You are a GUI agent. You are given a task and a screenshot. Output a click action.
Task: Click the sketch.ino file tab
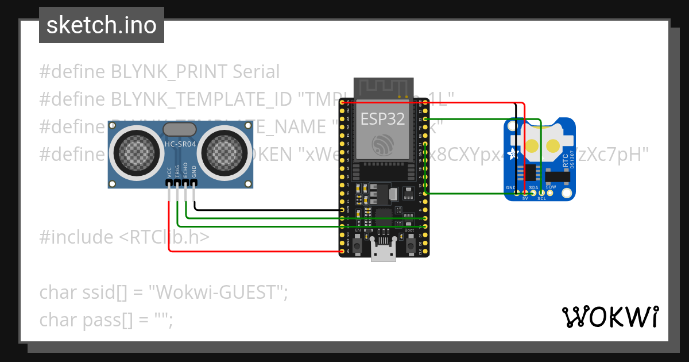(101, 25)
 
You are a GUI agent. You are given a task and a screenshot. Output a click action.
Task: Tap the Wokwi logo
(610, 317)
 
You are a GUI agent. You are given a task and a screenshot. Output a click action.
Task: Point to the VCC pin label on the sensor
(169, 172)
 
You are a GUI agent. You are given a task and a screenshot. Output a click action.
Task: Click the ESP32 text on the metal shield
(382, 119)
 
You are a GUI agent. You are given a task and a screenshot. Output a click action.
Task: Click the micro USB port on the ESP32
(383, 251)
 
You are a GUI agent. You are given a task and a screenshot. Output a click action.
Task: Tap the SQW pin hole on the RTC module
(550, 192)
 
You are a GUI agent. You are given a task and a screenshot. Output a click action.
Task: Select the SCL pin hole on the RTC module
(541, 192)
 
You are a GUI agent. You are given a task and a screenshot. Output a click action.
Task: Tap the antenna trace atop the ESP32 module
(383, 88)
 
